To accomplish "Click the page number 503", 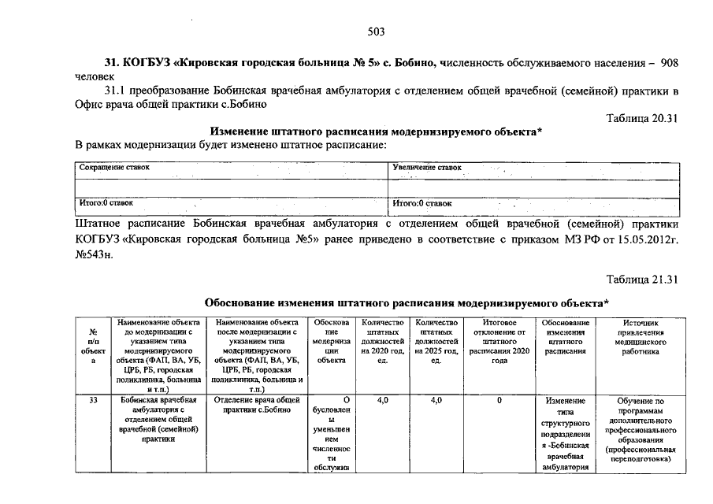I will pos(376,31).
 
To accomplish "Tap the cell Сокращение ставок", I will pos(114,168).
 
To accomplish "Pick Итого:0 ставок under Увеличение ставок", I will pos(423,203).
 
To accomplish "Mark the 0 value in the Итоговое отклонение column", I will pos(499,401).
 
